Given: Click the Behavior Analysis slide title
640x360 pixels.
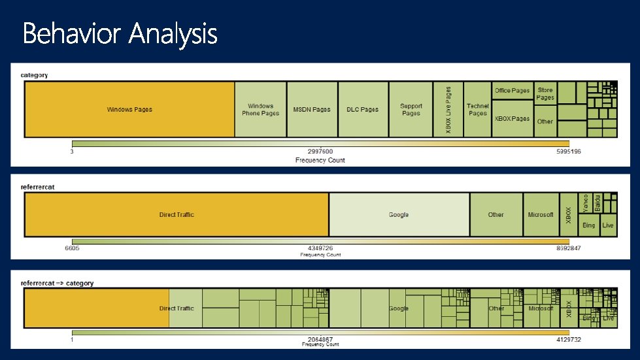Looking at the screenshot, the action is tap(120, 33).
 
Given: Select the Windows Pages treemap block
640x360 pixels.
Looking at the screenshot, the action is tap(129, 109).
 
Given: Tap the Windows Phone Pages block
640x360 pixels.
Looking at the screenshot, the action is tap(260, 109).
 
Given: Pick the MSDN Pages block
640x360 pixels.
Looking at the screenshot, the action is tap(312, 109).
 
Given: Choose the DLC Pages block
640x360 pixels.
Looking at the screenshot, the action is tap(363, 109).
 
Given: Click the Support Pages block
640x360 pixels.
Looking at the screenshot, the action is tap(411, 109).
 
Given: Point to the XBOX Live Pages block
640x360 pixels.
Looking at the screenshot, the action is tap(448, 109).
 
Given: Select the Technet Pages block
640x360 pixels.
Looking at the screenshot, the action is tap(477, 109).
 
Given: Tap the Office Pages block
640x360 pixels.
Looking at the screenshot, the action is tap(513, 91).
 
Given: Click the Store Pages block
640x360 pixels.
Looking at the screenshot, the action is tap(545, 93).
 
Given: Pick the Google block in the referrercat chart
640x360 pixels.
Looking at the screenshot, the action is tap(399, 214).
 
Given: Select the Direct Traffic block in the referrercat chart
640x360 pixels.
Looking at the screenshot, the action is tap(177, 214).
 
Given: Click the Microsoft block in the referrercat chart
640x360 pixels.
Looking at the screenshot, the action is tap(541, 214).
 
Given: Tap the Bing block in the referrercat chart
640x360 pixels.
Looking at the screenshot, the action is tap(589, 225).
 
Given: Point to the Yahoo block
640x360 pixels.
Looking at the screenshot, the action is tap(586, 202).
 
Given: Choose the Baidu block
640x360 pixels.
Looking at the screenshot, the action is tap(598, 201).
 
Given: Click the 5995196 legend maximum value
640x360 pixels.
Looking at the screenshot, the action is tap(567, 152).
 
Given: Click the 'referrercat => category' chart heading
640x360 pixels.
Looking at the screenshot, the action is tap(57, 283).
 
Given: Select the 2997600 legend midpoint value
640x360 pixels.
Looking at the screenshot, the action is tap(320, 152).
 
